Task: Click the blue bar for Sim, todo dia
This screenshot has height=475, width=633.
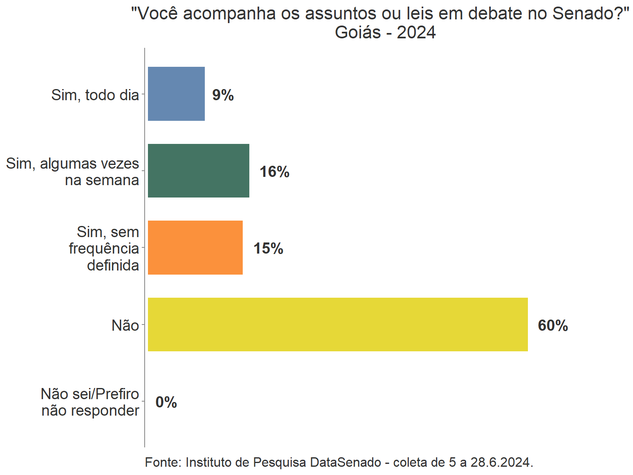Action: coord(176,94)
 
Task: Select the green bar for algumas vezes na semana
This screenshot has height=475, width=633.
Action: coord(199,171)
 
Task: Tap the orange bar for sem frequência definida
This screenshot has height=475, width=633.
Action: coord(195,247)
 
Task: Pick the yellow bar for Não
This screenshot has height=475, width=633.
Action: coord(338,325)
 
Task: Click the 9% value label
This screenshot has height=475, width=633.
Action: coord(223,95)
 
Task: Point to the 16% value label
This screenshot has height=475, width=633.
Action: coord(274,172)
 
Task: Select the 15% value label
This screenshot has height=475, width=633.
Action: coord(268,249)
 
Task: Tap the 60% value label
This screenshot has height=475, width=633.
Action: coord(553,326)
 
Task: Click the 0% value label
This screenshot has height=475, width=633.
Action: coord(166,402)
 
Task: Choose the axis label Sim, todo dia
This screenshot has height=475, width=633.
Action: coord(95,95)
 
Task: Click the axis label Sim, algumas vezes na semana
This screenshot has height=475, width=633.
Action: coord(73,172)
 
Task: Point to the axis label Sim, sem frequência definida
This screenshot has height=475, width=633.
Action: coord(104,249)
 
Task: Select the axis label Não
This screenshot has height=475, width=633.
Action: coord(125,326)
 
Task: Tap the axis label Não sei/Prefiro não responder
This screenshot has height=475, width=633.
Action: coord(90,402)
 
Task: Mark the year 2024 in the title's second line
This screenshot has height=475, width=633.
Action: coord(416,33)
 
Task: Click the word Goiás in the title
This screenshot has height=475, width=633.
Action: coord(358,33)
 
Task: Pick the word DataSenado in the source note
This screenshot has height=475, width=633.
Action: coord(345,463)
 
